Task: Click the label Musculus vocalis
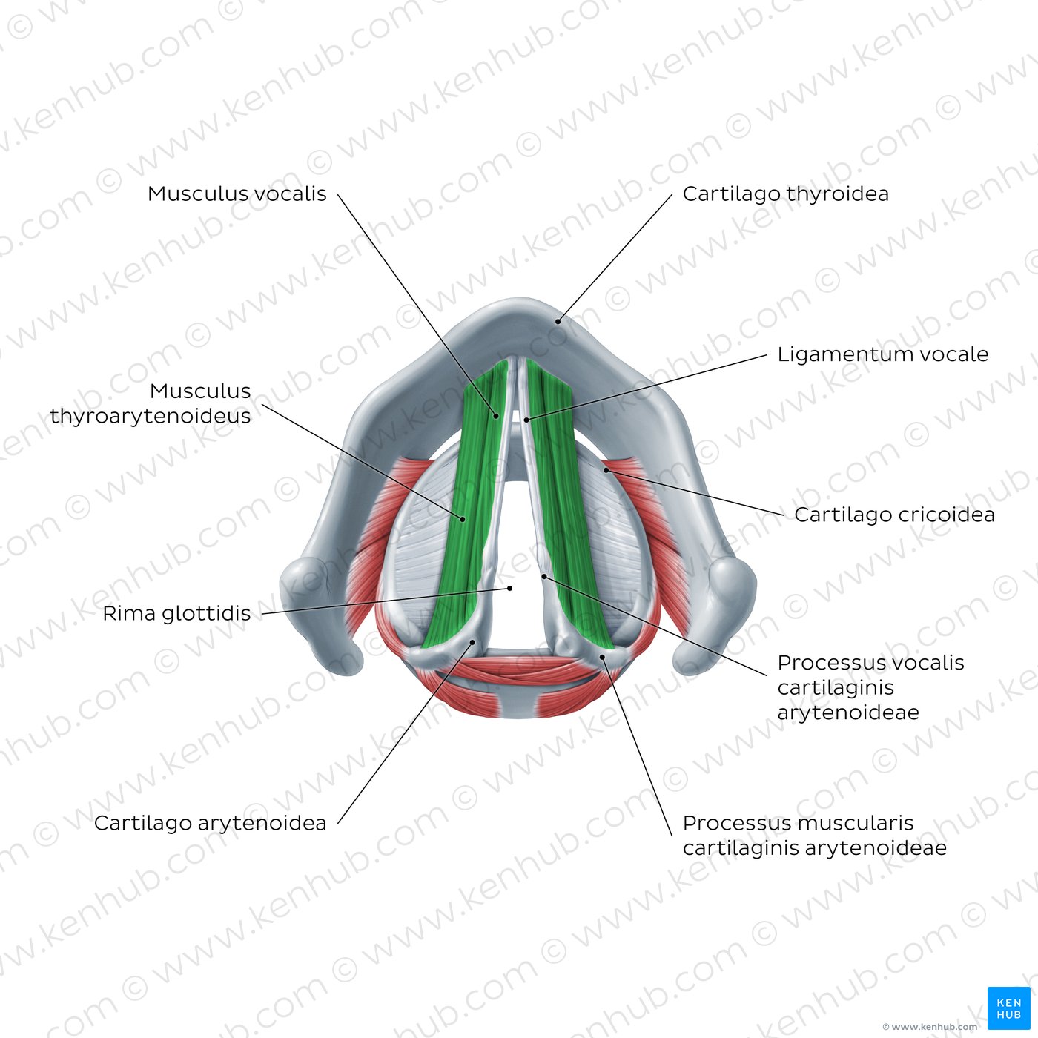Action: coord(237,194)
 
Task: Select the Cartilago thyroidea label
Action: coord(785,194)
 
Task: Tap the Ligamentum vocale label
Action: coord(883,354)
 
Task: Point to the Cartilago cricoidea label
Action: coord(894,515)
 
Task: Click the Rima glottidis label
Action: coord(176,613)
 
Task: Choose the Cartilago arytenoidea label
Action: coord(210,823)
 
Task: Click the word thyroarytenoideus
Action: coord(151,416)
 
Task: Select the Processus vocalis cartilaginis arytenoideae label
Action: coord(871,687)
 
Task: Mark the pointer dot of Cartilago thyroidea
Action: coord(558,322)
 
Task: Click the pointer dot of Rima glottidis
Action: coord(510,588)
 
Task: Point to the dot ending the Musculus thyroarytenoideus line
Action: coord(463,519)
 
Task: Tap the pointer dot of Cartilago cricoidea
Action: coord(606,470)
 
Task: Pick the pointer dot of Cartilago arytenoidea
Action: coord(472,642)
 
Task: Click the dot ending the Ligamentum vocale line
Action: coord(526,420)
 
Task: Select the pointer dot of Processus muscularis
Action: coord(602,657)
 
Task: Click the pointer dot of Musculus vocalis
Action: coord(496,416)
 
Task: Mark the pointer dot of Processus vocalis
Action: coord(544,576)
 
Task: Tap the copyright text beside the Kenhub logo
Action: coord(930,1027)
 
